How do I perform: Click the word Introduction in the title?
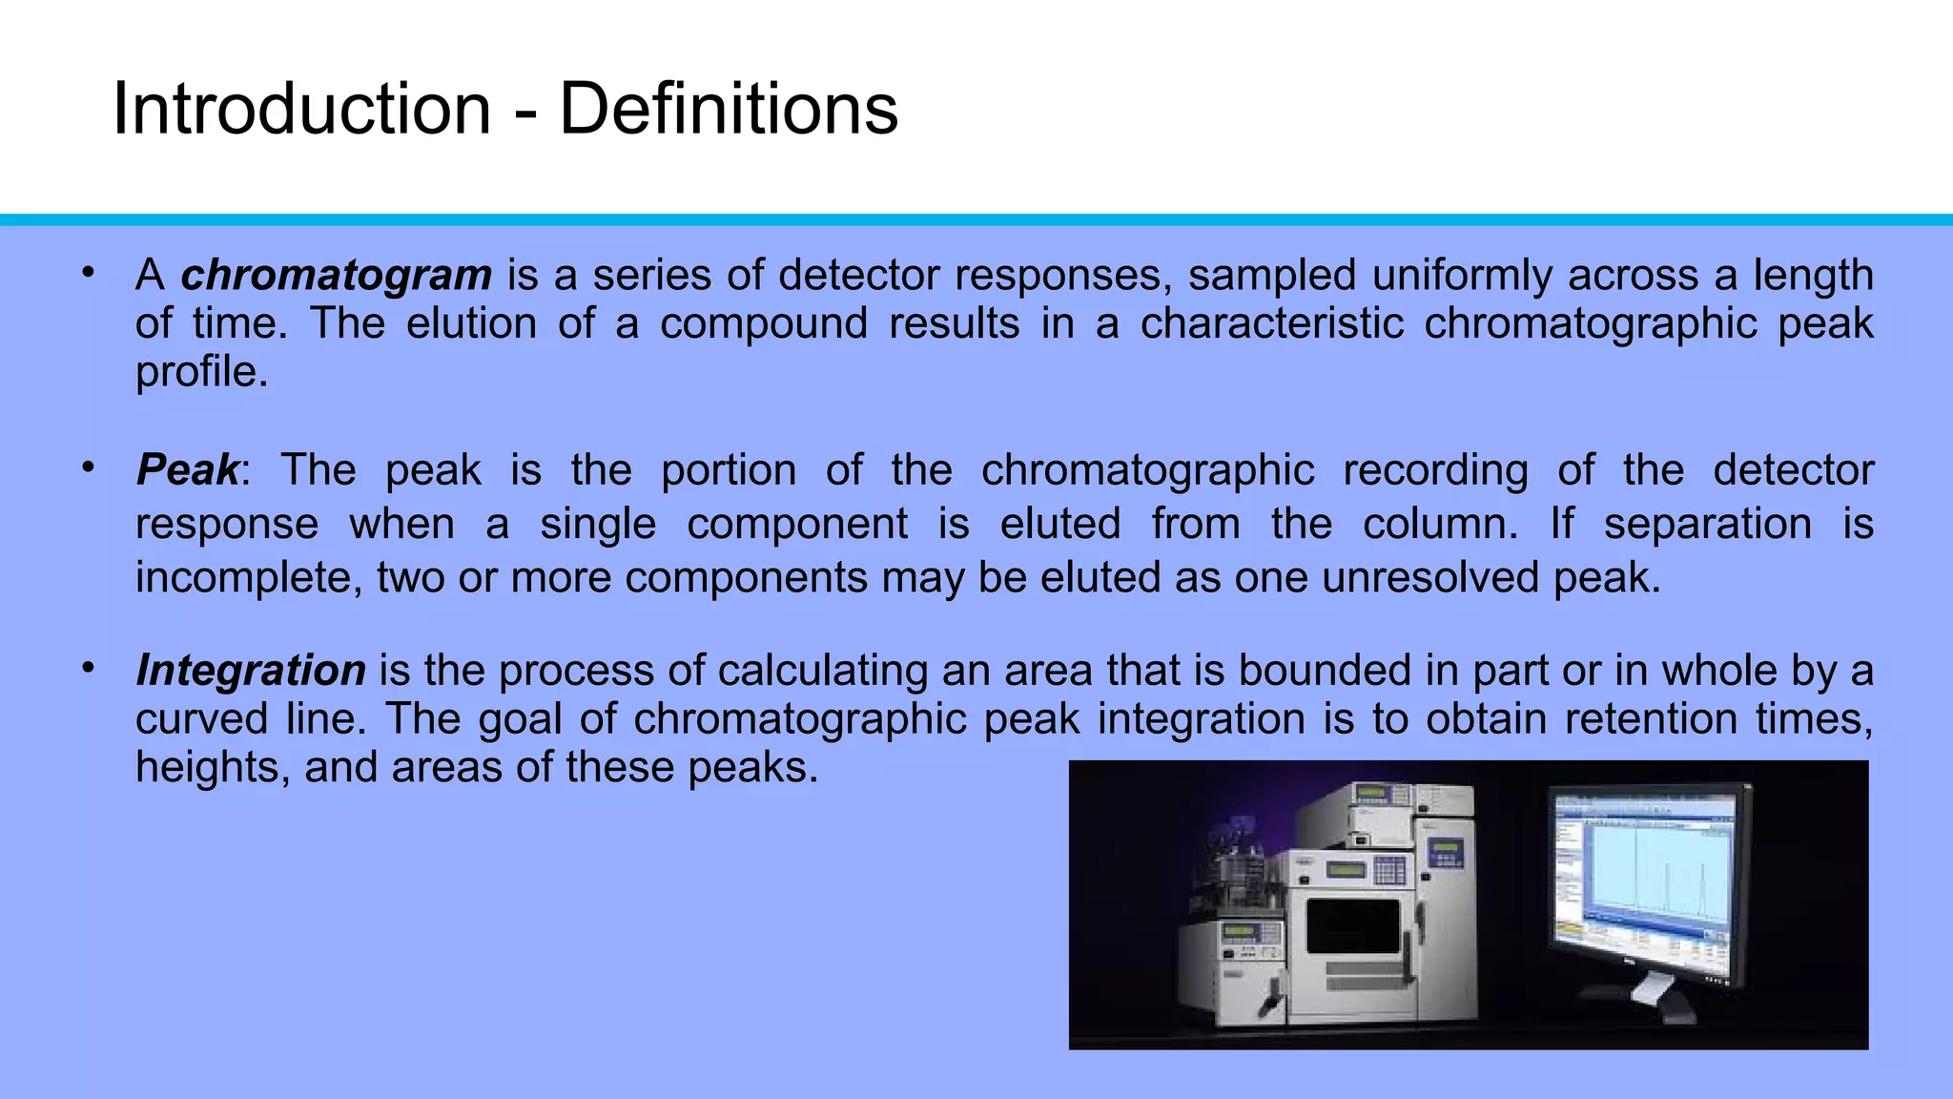[x=301, y=109]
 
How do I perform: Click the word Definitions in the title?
[x=728, y=109]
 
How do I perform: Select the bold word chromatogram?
[x=337, y=276]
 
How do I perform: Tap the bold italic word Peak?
[x=188, y=470]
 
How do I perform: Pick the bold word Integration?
[x=251, y=671]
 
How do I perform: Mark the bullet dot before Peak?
[x=88, y=467]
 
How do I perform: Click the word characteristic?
[x=1271, y=324]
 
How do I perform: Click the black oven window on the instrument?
[x=1351, y=925]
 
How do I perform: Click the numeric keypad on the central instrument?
[x=1389, y=870]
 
